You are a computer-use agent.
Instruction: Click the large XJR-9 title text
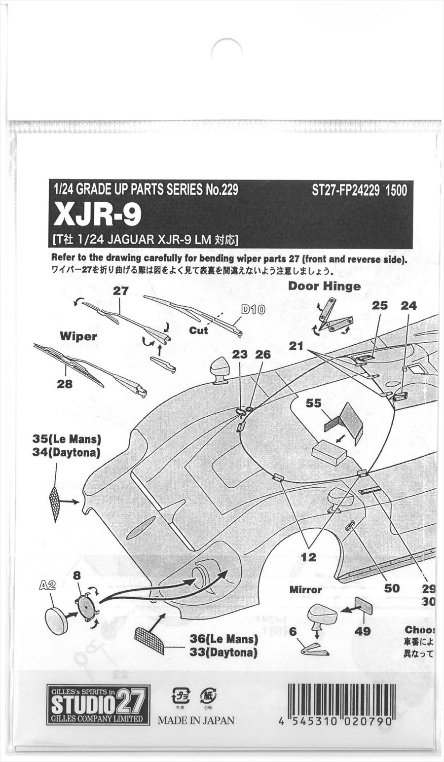click(97, 215)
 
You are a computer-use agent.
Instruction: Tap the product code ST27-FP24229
click(345, 190)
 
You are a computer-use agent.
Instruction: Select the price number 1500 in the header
click(396, 190)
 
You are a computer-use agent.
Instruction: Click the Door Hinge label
click(324, 286)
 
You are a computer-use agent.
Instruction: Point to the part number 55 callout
click(313, 403)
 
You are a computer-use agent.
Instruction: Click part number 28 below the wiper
click(64, 384)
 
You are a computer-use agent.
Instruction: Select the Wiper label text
click(78, 336)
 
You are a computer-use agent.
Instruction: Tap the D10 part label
click(253, 310)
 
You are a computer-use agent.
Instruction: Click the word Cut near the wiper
click(198, 330)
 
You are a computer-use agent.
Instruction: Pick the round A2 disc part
click(56, 620)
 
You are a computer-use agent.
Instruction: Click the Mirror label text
click(305, 589)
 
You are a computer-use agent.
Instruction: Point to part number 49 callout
click(363, 631)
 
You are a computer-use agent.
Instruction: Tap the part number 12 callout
click(309, 557)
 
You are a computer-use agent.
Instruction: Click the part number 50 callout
click(391, 588)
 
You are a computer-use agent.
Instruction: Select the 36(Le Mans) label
click(224, 640)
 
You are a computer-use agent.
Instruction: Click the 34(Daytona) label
click(66, 452)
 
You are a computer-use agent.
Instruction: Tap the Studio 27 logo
click(98, 705)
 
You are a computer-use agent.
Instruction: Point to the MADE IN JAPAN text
click(196, 720)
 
